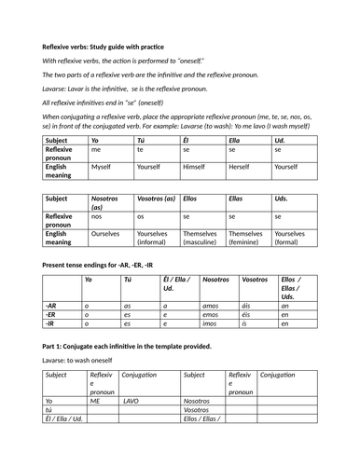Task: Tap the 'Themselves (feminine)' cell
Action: coord(245,239)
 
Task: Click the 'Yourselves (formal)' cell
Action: coord(290,239)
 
